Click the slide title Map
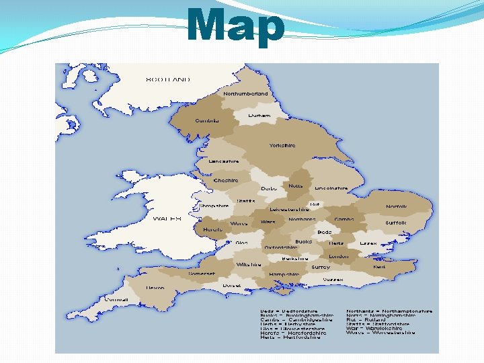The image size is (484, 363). point(236,26)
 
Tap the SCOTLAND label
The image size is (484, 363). point(167,79)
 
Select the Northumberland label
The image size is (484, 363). point(245,94)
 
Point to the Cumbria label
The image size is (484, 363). point(206,121)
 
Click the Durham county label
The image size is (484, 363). point(259,116)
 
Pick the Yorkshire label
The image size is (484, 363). point(282,145)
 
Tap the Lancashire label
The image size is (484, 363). point(224,161)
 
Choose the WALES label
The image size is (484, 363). point(167,218)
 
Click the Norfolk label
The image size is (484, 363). point(396,206)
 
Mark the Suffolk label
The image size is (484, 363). point(396,223)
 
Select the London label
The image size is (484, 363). point(338,256)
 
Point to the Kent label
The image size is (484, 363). point(379,267)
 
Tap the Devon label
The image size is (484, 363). point(155,288)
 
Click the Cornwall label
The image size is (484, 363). point(116,300)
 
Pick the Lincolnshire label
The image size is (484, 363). point(331,188)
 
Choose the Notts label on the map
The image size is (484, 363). point(295,186)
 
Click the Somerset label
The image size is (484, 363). point(202,274)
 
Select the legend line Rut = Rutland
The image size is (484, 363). point(366,319)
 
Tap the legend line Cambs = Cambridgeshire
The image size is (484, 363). point(296,319)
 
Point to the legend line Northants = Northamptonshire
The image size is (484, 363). point(389,311)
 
